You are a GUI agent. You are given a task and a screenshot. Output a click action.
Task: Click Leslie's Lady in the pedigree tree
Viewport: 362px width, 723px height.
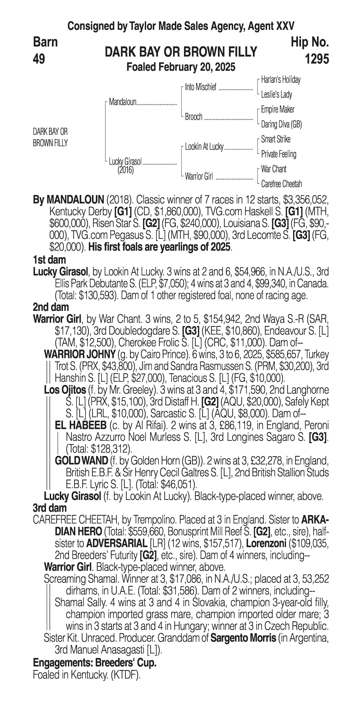click(276, 95)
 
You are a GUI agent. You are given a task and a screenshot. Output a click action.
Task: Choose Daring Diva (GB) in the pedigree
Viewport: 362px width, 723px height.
click(281, 124)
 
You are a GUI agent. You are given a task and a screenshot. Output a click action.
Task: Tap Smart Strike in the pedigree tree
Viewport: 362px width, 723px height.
click(276, 139)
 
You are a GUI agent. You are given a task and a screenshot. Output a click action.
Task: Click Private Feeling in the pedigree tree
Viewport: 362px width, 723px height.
click(278, 154)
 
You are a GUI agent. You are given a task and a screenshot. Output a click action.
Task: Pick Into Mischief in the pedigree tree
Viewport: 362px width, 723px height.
click(201, 87)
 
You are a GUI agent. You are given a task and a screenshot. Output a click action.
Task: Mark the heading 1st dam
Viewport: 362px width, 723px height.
click(49, 260)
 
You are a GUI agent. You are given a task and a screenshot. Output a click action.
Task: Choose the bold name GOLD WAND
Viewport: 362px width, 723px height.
click(81, 461)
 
